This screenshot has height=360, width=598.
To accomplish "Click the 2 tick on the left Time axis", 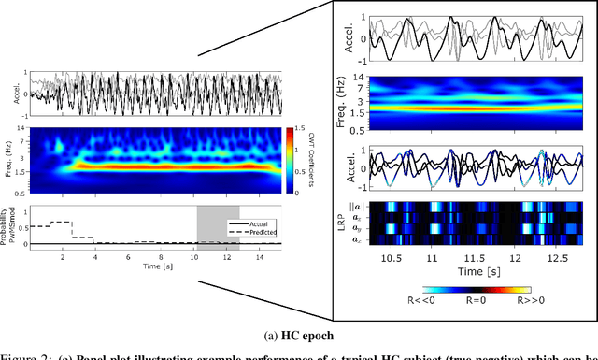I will pos(63,255).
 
